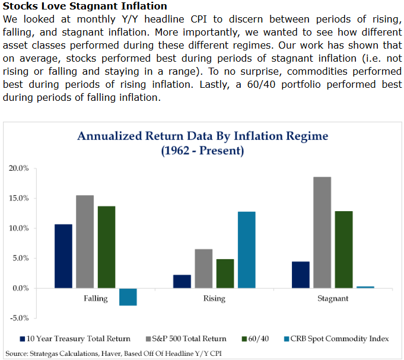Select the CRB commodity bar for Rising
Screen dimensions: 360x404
coord(246,250)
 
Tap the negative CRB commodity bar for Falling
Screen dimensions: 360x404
coord(128,297)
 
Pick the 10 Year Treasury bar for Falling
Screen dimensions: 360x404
coord(63,256)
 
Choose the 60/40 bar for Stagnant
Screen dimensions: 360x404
coord(343,250)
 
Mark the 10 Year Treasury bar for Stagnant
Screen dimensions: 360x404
coord(301,275)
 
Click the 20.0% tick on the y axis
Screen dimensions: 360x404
coord(18,168)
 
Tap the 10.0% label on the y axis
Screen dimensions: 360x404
coord(18,228)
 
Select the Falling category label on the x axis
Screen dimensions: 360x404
coord(96,298)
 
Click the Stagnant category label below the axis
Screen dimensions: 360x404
coord(333,298)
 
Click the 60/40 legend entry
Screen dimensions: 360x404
coord(256,339)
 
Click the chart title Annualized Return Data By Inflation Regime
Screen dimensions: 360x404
coord(202,136)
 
